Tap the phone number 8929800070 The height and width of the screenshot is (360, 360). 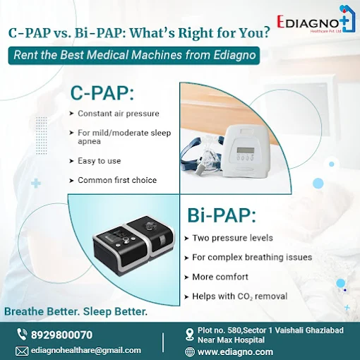[x=61, y=335]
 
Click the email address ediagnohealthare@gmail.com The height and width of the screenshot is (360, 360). [x=86, y=350]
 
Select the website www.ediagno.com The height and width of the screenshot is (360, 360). [x=235, y=352]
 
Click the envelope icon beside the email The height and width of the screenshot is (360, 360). [x=22, y=351]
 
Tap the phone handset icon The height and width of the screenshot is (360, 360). [x=22, y=335]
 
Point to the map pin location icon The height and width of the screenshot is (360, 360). [x=189, y=335]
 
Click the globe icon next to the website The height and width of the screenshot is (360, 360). [x=190, y=352]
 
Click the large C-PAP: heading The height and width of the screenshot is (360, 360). [x=102, y=93]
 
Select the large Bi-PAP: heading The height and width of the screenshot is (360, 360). [x=222, y=215]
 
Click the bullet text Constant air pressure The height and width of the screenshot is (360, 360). [x=119, y=114]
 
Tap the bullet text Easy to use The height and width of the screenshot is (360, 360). [x=100, y=161]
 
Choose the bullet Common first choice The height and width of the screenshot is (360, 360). [x=117, y=180]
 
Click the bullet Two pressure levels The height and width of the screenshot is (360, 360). [x=232, y=238]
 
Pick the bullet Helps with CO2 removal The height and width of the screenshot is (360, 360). [x=240, y=296]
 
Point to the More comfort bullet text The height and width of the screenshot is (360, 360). [x=220, y=277]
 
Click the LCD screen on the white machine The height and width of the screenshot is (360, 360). [x=246, y=150]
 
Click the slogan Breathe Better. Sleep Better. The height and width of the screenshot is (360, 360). [x=76, y=311]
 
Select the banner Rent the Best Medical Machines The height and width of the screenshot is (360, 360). [x=134, y=56]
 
